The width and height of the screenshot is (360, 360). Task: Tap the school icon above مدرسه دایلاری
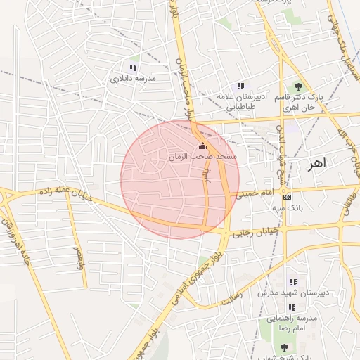(x=133, y=68)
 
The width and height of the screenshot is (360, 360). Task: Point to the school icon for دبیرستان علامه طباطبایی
(x=240, y=86)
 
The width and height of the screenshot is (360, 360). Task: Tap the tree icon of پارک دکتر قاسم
(x=298, y=86)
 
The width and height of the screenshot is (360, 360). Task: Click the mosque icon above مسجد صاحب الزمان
(x=203, y=146)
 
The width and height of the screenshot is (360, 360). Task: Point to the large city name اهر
(x=317, y=163)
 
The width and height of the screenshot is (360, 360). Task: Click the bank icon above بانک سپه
(x=286, y=198)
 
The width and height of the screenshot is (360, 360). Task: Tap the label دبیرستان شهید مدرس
(x=288, y=292)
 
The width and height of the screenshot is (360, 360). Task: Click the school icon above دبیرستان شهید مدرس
(x=292, y=283)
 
